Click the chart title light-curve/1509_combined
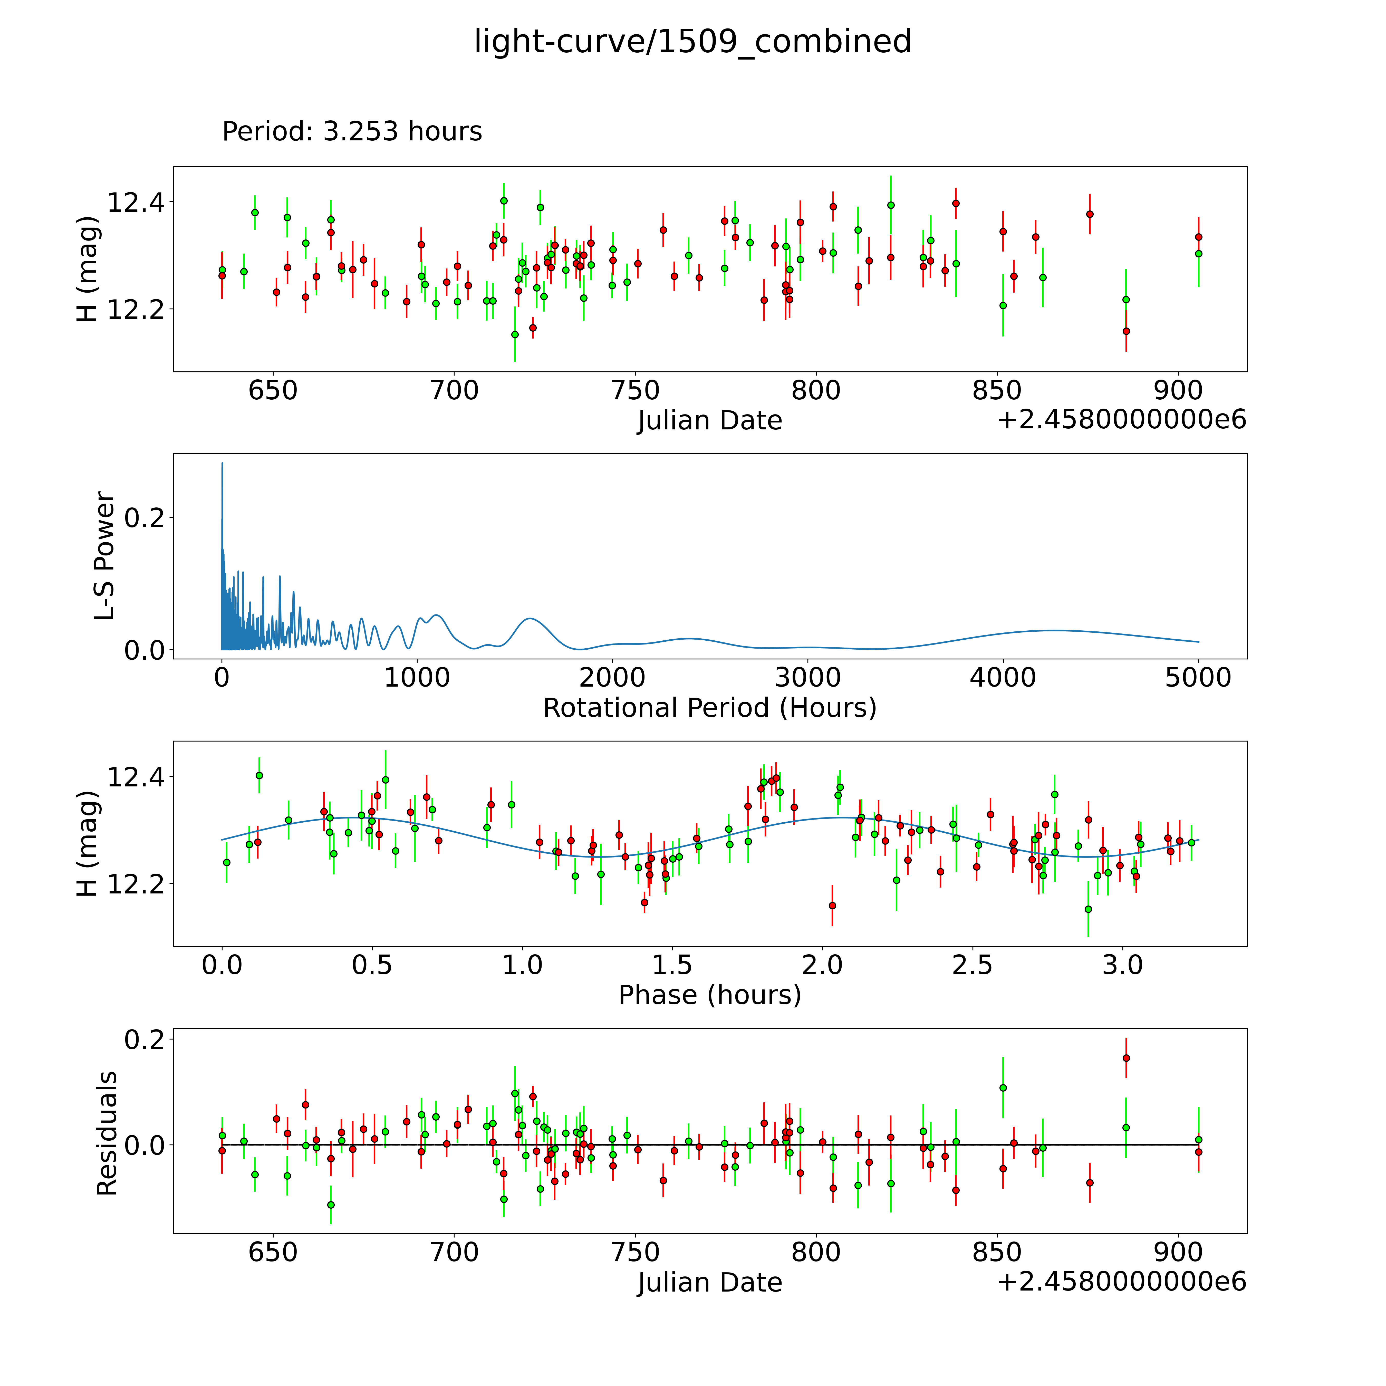pyautogui.click(x=692, y=42)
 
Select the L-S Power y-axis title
pyautogui.click(x=105, y=556)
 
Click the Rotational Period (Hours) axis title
pyautogui.click(x=709, y=708)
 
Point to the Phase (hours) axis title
pyautogui.click(x=709, y=995)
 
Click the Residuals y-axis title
pyautogui.click(x=106, y=1133)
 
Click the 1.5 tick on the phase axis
pyautogui.click(x=672, y=965)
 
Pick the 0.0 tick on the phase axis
pyautogui.click(x=222, y=965)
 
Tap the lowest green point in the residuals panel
pyautogui.click(x=331, y=1205)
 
